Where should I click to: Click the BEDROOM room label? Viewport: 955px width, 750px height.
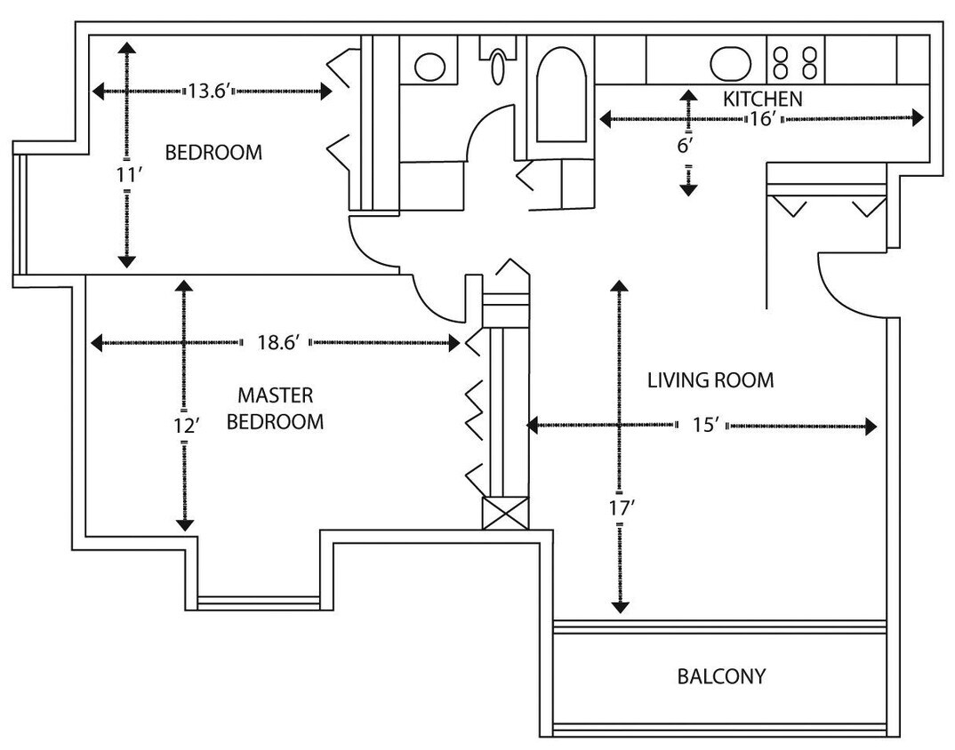(x=213, y=152)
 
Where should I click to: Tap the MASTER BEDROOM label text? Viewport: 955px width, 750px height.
(x=275, y=409)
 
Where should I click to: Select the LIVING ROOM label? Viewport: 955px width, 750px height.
(x=710, y=380)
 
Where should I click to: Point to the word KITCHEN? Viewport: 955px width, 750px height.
(x=762, y=99)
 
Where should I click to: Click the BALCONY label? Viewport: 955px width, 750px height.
(x=720, y=676)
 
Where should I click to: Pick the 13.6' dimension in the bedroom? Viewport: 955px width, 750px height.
(x=210, y=91)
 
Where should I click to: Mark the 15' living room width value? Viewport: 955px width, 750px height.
(x=704, y=426)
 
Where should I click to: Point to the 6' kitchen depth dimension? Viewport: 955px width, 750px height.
(x=684, y=146)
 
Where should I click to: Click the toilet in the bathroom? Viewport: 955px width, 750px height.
(x=499, y=60)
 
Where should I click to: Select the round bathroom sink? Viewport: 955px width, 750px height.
(x=430, y=66)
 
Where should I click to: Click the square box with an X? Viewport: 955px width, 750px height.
(x=504, y=514)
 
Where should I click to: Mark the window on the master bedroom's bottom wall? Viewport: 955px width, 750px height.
(x=258, y=602)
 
